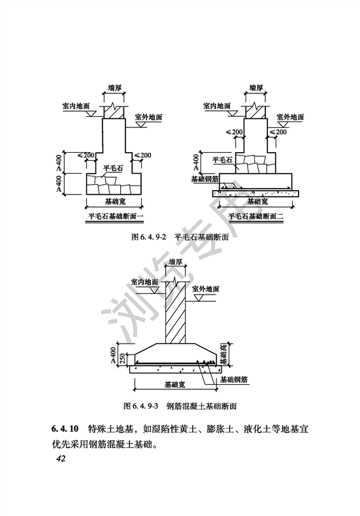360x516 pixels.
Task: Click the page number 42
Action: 61,459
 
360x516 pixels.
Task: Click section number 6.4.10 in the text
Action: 65,429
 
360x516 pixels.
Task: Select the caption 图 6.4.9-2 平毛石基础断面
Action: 180,237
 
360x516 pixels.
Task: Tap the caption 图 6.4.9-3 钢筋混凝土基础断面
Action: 180,406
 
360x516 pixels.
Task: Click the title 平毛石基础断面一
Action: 114,217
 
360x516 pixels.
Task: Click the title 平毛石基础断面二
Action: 255,217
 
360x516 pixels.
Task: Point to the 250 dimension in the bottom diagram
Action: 123,360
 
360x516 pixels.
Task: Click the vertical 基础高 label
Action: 223,355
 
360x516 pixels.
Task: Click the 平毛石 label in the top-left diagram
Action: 113,168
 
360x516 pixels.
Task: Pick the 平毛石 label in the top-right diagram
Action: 223,160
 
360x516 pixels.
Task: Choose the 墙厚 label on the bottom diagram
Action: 175,262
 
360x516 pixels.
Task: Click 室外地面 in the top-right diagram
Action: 290,117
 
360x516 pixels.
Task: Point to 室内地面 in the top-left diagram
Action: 76,106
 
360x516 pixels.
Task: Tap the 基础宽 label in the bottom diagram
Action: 174,385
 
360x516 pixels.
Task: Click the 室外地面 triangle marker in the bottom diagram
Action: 198,297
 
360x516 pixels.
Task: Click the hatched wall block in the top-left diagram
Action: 114,112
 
